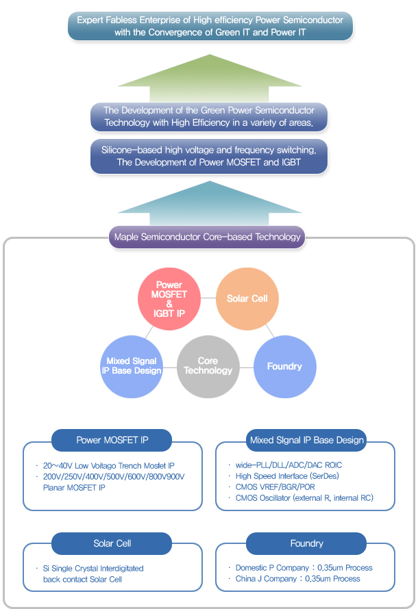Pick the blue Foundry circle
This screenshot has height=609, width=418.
pos(284,366)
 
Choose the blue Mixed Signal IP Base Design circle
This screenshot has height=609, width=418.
pos(132,366)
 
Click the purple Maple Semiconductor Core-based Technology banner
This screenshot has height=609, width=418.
pos(207,237)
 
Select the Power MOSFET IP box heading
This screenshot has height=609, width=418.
pos(112,440)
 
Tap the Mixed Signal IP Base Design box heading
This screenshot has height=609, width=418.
pos(306,440)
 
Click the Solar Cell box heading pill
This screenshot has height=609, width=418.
pos(112,543)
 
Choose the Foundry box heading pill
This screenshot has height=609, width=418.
pos(306,543)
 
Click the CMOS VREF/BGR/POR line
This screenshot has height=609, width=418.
pos(276,487)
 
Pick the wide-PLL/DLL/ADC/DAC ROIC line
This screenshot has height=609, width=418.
pos(288,465)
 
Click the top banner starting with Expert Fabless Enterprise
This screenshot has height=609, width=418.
pos(210,26)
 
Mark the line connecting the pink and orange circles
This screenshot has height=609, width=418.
pos(209,298)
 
